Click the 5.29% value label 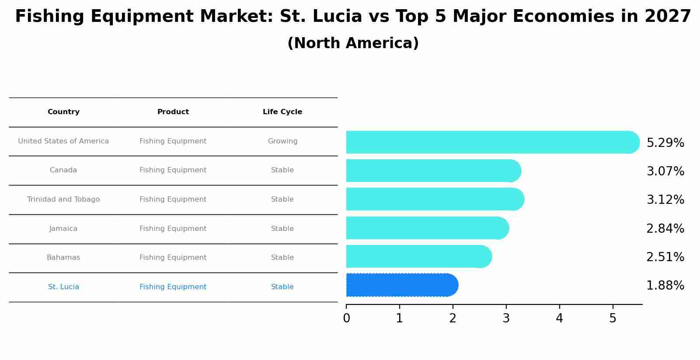pyautogui.click(x=665, y=143)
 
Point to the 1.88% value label pyautogui.click(x=665, y=286)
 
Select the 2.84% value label pyautogui.click(x=665, y=228)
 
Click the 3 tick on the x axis pyautogui.click(x=506, y=318)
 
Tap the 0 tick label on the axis pyautogui.click(x=346, y=318)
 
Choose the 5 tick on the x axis pyautogui.click(x=613, y=318)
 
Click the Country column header pyautogui.click(x=63, y=112)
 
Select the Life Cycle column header pyautogui.click(x=282, y=112)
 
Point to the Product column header pyautogui.click(x=173, y=112)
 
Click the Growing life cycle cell pyautogui.click(x=282, y=141)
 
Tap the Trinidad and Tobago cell pyautogui.click(x=63, y=199)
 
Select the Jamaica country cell pyautogui.click(x=63, y=229)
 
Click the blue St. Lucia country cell pyautogui.click(x=63, y=287)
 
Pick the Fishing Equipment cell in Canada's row pyautogui.click(x=173, y=170)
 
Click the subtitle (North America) pyautogui.click(x=353, y=43)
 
